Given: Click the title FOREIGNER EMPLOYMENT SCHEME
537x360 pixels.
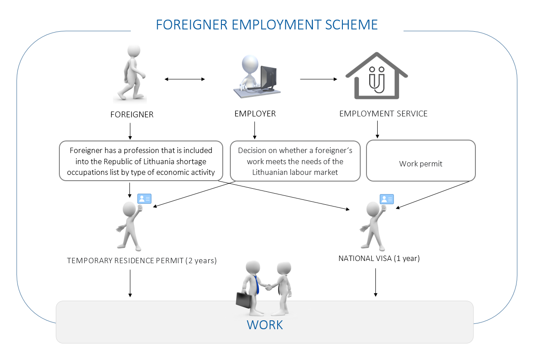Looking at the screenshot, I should coord(266,24).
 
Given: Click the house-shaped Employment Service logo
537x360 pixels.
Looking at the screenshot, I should coord(377,76).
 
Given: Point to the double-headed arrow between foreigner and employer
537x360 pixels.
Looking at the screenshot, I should coord(184,79).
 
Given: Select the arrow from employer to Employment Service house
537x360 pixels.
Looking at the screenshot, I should coord(318,79).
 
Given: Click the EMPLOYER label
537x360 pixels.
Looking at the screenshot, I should coord(255,114).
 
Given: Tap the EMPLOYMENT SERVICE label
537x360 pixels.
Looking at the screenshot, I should coord(383,114).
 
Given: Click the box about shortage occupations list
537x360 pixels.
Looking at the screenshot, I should coord(141,161).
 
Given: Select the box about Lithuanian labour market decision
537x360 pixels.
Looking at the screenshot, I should coord(295,161).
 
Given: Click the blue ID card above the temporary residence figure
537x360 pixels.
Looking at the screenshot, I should coord(145,199).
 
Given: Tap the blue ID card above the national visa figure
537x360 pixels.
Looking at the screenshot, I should coord(387,199).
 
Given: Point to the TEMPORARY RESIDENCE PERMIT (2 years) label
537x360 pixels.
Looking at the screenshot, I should coord(142,261).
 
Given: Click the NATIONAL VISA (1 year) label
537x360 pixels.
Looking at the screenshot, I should coord(379,258).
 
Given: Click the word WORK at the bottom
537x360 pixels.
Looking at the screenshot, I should coord(265,325).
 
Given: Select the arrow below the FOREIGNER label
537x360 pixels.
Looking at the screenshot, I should coord(130,131).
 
